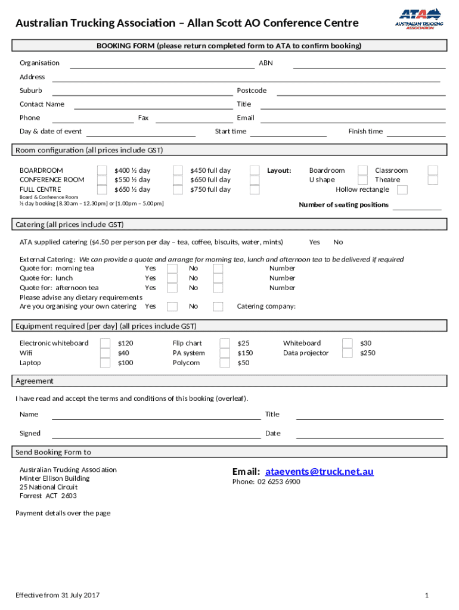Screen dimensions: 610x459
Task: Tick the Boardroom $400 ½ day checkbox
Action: [103, 170]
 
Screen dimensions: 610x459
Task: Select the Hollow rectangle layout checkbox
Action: [402, 189]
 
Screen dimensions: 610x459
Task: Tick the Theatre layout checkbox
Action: [433, 179]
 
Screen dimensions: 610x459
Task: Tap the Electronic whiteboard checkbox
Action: [105, 343]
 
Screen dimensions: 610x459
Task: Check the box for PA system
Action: [225, 353]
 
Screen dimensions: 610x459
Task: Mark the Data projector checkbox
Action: [347, 353]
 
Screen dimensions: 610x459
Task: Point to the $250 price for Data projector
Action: [368, 353]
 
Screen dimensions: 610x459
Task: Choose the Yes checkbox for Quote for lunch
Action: [172, 278]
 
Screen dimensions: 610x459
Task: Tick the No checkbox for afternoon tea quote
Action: [218, 288]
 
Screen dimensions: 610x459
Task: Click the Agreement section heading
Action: [35, 381]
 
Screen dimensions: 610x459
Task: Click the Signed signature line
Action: [156, 437]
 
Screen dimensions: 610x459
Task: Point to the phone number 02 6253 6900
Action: [266, 481]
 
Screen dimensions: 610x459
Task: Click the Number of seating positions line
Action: [417, 208]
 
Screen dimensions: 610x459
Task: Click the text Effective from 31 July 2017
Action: [58, 595]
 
